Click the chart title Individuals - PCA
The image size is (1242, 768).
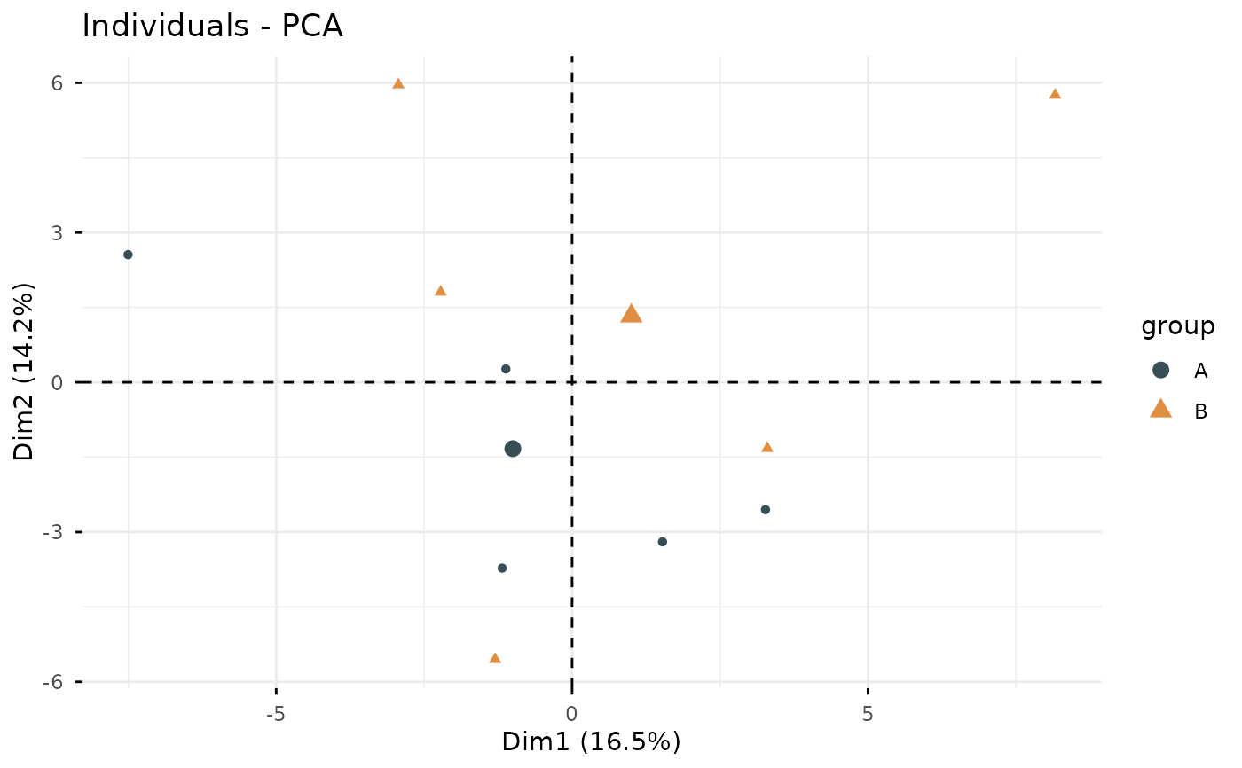coord(212,27)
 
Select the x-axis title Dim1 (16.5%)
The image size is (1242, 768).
coord(591,741)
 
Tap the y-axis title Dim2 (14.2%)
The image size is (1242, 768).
coord(25,372)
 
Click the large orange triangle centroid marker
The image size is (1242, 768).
coord(631,313)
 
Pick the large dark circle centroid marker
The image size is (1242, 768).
coord(512,449)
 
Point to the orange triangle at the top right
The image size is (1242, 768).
coord(1055,94)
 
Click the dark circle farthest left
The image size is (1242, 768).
coord(128,255)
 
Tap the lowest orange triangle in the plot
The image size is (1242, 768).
coord(495,658)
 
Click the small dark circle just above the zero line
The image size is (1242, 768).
coord(506,369)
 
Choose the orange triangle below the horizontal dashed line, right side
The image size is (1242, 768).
coord(767,447)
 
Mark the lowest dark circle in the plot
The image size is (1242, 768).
coord(502,568)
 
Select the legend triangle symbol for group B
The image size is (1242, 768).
coord(1160,409)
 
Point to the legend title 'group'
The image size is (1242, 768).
coord(1177,327)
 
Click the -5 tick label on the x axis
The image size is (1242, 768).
coord(276,714)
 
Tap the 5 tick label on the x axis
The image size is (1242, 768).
coord(867,714)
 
